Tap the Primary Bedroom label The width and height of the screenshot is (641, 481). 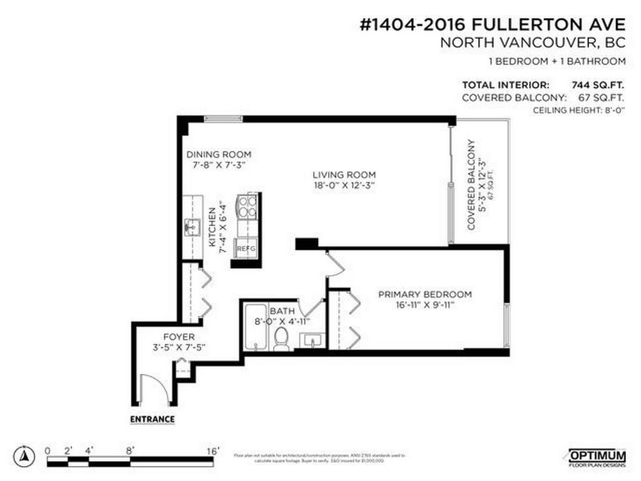424,294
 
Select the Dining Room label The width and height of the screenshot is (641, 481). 218,154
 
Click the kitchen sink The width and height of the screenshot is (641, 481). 192,227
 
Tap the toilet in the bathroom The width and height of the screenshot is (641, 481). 282,340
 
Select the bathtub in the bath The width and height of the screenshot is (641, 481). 254,329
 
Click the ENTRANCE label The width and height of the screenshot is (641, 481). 152,419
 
